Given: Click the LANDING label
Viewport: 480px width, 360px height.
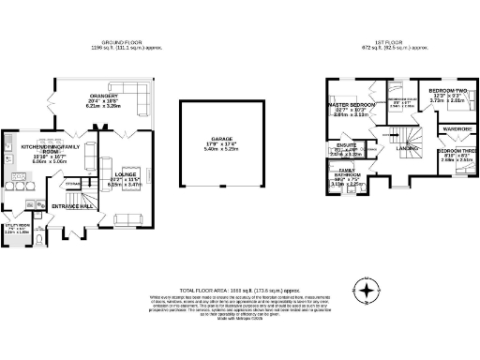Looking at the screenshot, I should pyautogui.click(x=407, y=148).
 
